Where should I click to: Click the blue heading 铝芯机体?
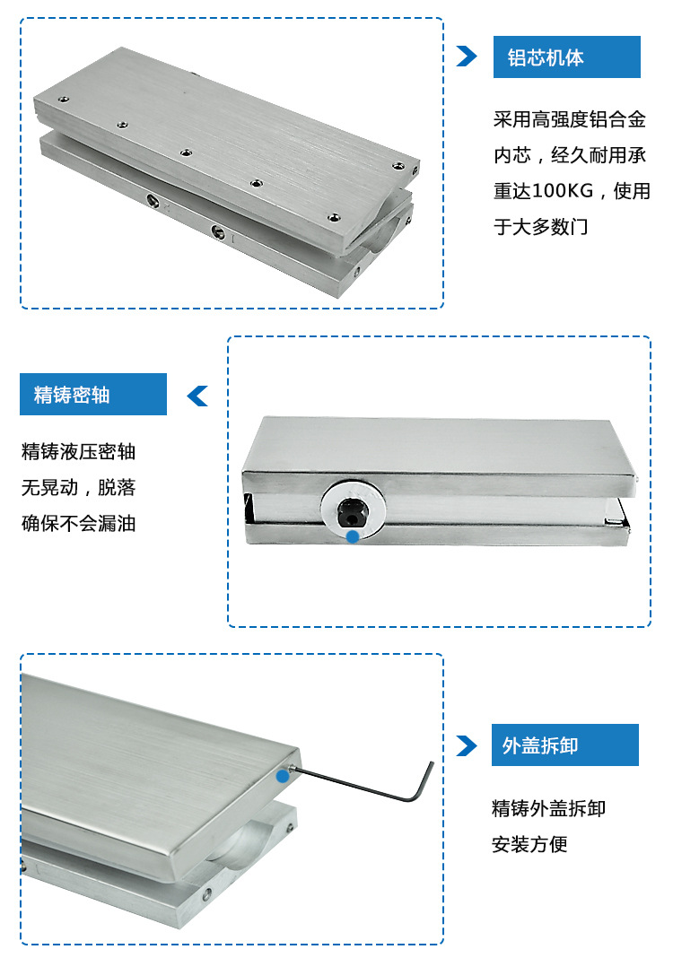(x=546, y=57)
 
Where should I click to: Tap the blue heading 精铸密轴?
(x=72, y=395)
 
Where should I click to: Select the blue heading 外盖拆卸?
(x=540, y=745)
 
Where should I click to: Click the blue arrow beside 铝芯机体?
(x=467, y=57)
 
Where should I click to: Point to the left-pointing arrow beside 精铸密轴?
(x=197, y=396)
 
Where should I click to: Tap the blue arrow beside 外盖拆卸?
(x=467, y=745)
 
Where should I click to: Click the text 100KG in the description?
(x=563, y=191)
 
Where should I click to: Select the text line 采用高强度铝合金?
(x=570, y=119)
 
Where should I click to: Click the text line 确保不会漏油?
(x=78, y=523)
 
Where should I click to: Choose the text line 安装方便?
(x=530, y=844)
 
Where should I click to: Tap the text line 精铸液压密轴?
(x=78, y=451)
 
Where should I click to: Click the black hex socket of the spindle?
(x=350, y=511)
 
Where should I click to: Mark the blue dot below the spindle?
(x=353, y=536)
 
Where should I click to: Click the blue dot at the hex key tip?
(x=283, y=776)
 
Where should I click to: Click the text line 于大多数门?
(x=541, y=227)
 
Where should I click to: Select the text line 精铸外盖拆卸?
(x=549, y=808)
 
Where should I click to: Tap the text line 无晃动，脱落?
(x=78, y=488)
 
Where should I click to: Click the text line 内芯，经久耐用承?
(x=570, y=155)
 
